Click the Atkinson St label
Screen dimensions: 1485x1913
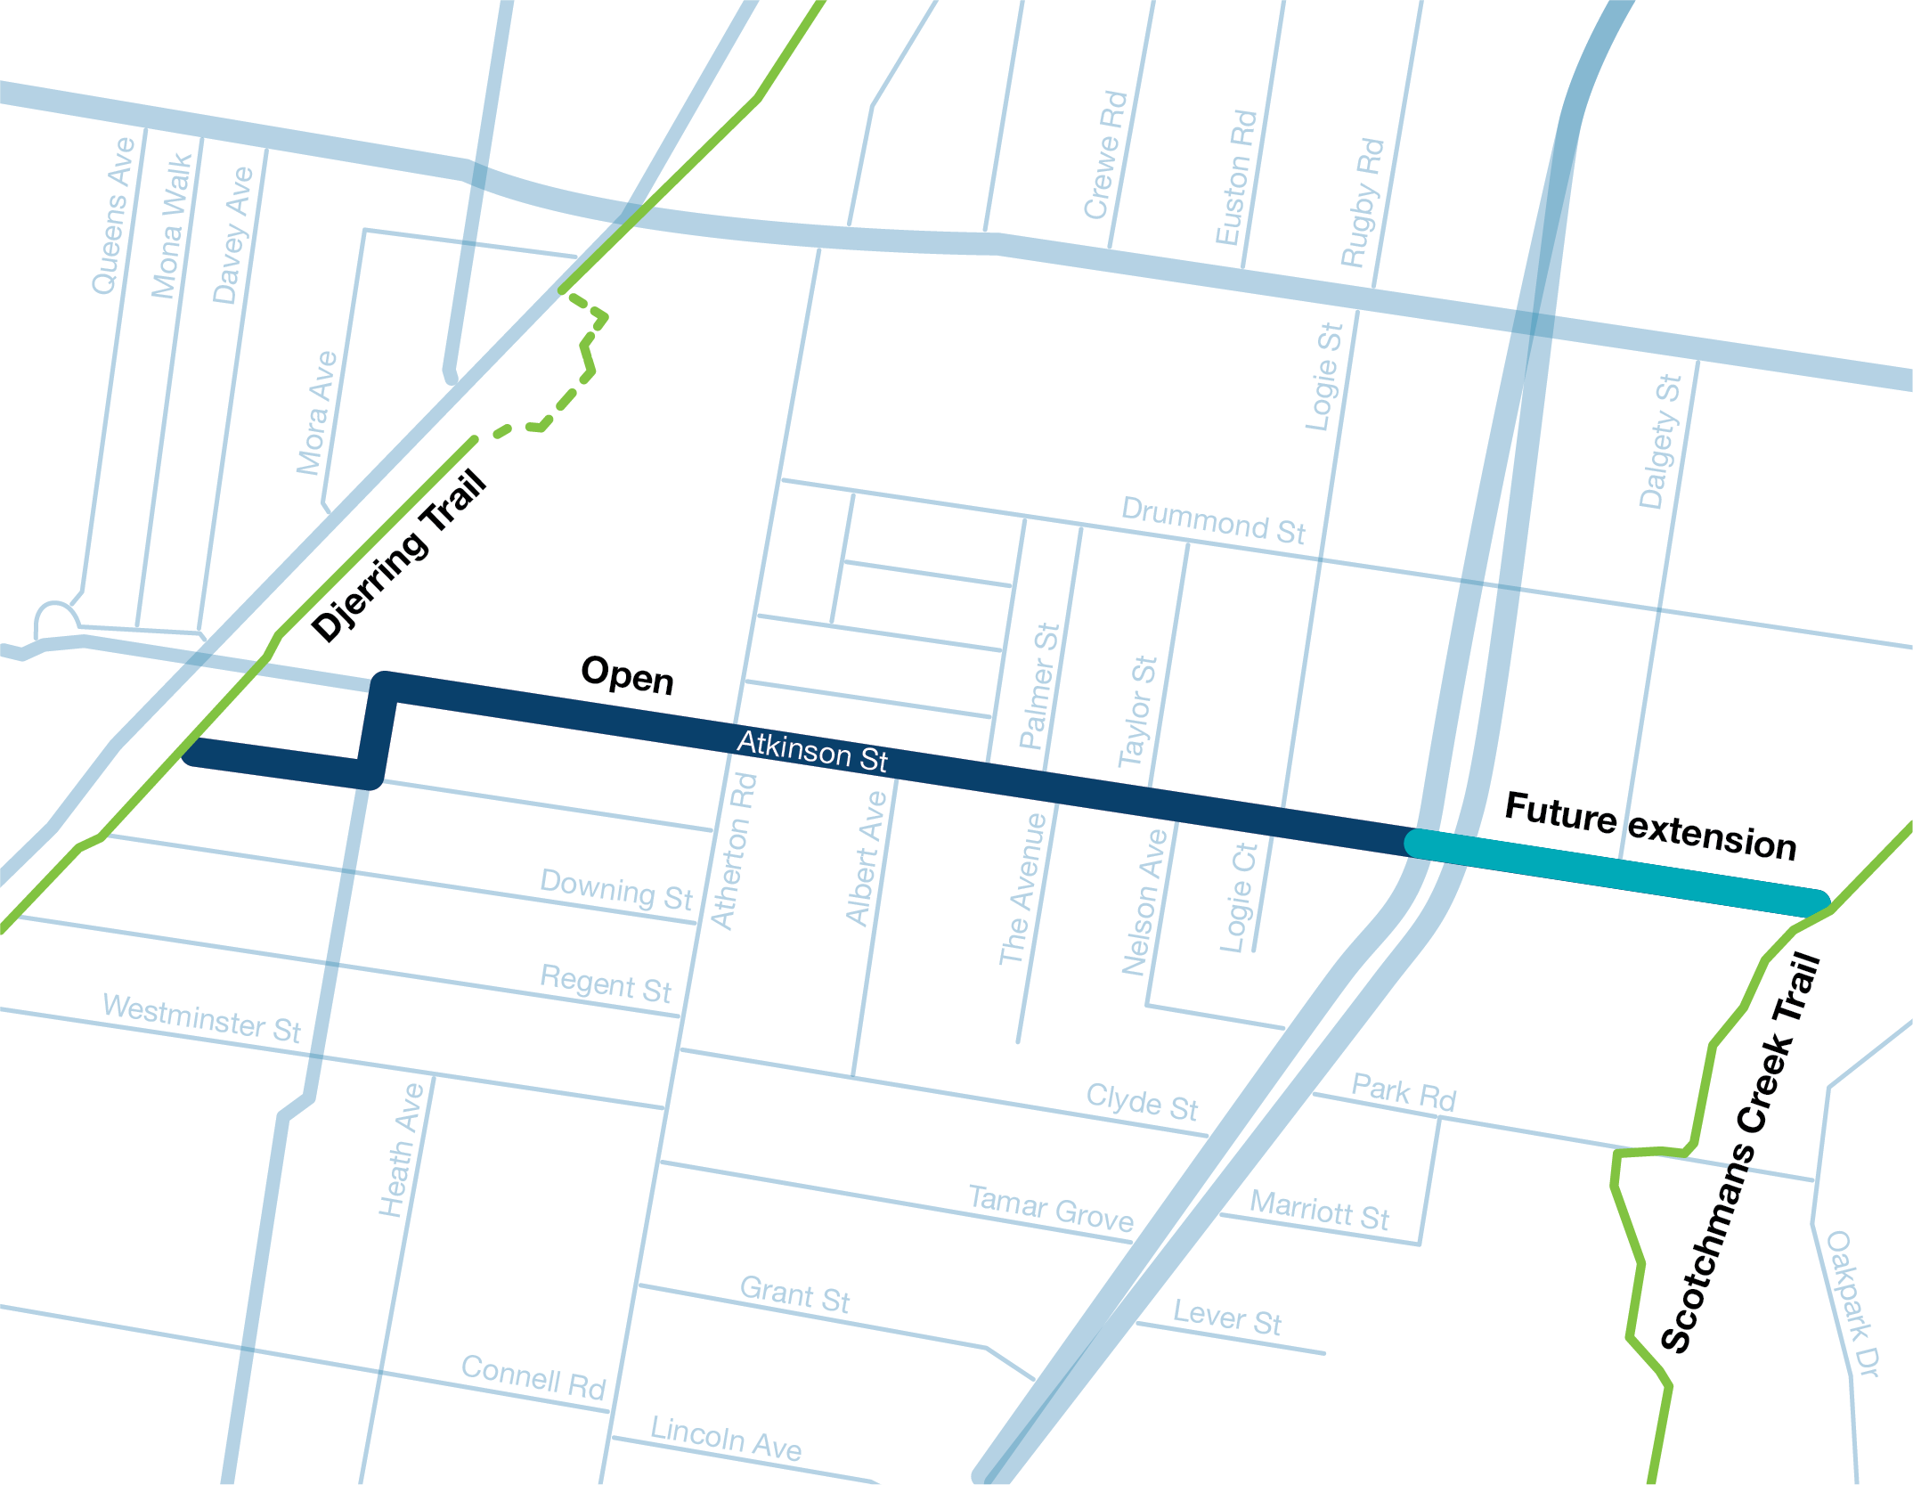click(811, 751)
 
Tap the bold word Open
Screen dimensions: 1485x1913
click(627, 675)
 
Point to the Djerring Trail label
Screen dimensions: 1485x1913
click(398, 556)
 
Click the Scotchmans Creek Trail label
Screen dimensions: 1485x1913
click(1741, 1153)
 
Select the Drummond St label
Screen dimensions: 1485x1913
click(1213, 521)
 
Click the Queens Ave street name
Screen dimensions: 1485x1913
click(113, 216)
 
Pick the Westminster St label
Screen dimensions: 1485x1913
click(202, 1017)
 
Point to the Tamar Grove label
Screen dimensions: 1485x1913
click(1051, 1208)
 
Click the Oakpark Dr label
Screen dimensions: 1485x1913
click(1852, 1304)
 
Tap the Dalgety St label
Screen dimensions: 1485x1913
click(1660, 442)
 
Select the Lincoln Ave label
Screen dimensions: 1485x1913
click(726, 1438)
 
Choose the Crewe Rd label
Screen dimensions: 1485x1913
click(1105, 155)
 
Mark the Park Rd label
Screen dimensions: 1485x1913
click(1404, 1092)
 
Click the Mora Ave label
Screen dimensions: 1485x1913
click(316, 413)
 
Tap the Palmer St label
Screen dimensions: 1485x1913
click(1039, 686)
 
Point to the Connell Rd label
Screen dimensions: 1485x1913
click(533, 1377)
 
